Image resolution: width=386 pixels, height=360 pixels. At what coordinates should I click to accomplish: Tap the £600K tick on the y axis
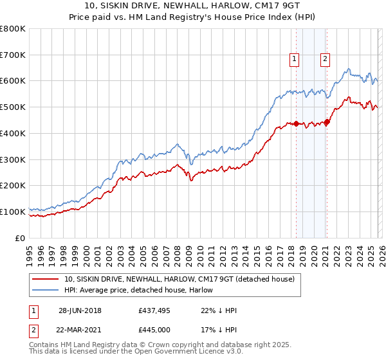(13, 81)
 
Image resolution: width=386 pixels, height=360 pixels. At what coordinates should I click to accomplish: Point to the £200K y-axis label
(13, 185)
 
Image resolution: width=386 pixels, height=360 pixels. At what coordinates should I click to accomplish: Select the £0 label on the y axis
(21, 237)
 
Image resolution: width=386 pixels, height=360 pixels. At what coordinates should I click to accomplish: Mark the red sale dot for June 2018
(296, 123)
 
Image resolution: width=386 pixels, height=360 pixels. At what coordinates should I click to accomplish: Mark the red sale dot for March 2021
(327, 122)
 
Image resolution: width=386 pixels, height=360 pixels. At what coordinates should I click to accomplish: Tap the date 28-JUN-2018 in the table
(82, 310)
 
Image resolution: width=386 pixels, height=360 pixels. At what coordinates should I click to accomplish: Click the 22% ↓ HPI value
(219, 310)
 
